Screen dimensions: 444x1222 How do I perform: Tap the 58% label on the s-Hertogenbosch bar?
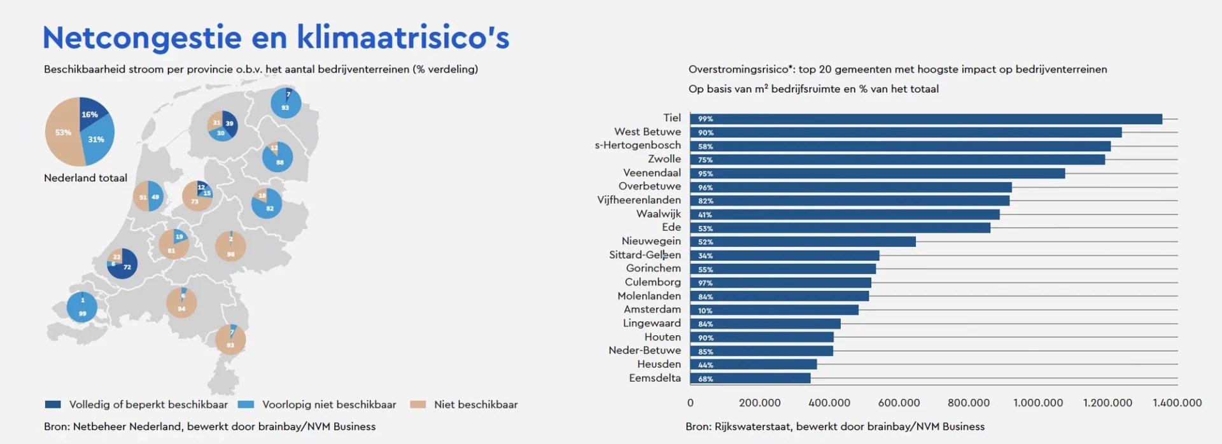tap(705, 146)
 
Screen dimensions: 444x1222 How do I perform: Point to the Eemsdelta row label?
tap(654, 378)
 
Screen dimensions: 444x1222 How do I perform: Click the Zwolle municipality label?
tap(664, 159)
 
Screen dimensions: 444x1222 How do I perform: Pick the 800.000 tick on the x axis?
tap(968, 403)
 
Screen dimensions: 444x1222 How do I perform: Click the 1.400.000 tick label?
tap(1177, 403)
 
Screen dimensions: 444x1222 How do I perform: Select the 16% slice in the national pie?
tap(90, 113)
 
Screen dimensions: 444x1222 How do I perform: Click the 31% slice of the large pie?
tap(97, 140)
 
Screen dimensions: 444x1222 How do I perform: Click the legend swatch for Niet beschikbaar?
tap(418, 405)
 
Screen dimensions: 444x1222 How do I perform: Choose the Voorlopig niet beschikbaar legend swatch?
tap(246, 405)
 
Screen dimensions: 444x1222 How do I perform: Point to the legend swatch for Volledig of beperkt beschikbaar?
tap(53, 405)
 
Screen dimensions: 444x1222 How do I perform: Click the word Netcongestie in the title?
tap(141, 38)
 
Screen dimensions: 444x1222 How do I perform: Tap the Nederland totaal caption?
tap(85, 178)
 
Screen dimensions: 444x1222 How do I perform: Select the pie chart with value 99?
tap(82, 307)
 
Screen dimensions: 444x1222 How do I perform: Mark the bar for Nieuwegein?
tap(802, 242)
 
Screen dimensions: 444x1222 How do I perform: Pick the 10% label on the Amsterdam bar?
tap(705, 310)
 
